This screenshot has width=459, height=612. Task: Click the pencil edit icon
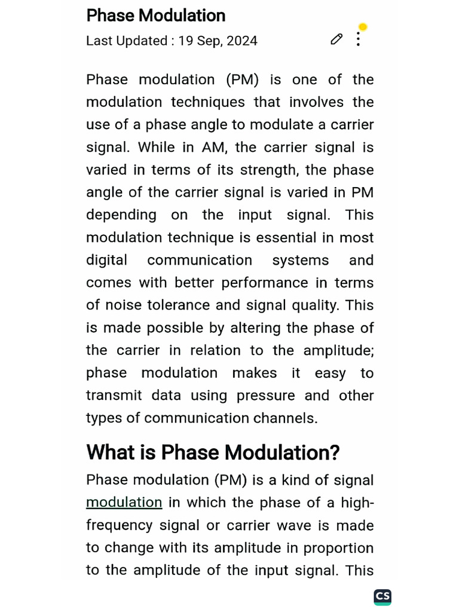[x=336, y=39]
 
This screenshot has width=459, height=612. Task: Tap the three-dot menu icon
[x=358, y=39]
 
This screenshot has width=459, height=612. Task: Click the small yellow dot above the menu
[x=362, y=27]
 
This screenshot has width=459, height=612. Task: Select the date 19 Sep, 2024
[x=218, y=41]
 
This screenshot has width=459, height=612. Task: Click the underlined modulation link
[x=124, y=503]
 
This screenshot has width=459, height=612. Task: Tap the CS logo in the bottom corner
[x=382, y=596]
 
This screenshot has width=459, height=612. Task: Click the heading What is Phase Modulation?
[x=213, y=452]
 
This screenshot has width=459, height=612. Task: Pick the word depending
[x=121, y=215]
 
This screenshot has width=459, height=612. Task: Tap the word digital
[x=106, y=261]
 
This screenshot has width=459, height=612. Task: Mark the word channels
[x=286, y=418]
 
